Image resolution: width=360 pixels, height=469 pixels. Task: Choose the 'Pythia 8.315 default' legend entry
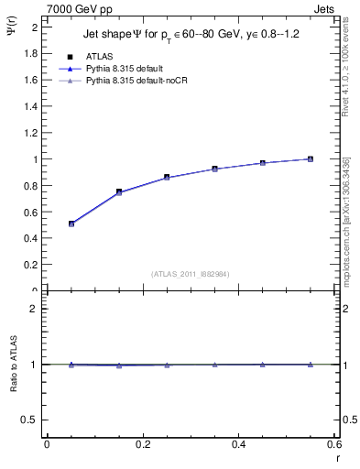pos(127,69)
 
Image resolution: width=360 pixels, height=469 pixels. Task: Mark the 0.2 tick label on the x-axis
pos(142,444)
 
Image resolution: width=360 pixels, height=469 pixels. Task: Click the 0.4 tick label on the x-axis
pos(238,444)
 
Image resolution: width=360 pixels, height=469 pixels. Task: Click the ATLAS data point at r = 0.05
pos(71,224)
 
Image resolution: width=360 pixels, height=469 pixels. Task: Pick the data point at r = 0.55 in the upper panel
pos(311,158)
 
